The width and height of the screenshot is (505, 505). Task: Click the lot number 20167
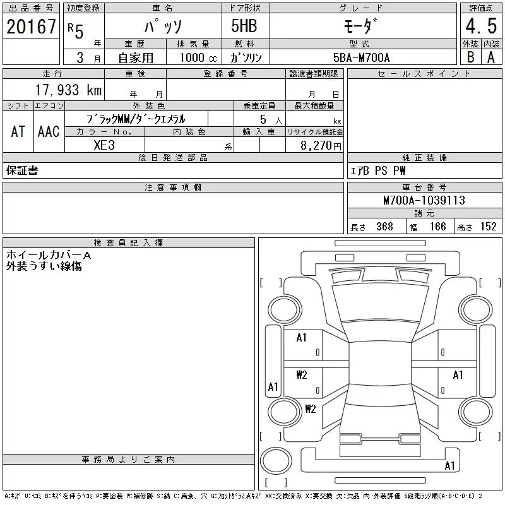tap(31, 27)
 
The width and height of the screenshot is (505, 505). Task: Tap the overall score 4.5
tap(481, 26)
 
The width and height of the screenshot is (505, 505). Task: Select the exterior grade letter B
tap(470, 57)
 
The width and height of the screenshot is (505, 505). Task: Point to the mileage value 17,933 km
tap(68, 90)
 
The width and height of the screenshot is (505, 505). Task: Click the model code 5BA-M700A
tap(361, 57)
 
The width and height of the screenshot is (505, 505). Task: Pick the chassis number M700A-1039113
tap(424, 200)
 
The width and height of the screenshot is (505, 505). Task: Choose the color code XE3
tap(104, 145)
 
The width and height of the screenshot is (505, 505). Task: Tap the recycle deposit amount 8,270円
tap(321, 146)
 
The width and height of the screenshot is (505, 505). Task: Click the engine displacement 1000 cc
tap(198, 57)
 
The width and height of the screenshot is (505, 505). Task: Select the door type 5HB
tap(244, 26)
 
